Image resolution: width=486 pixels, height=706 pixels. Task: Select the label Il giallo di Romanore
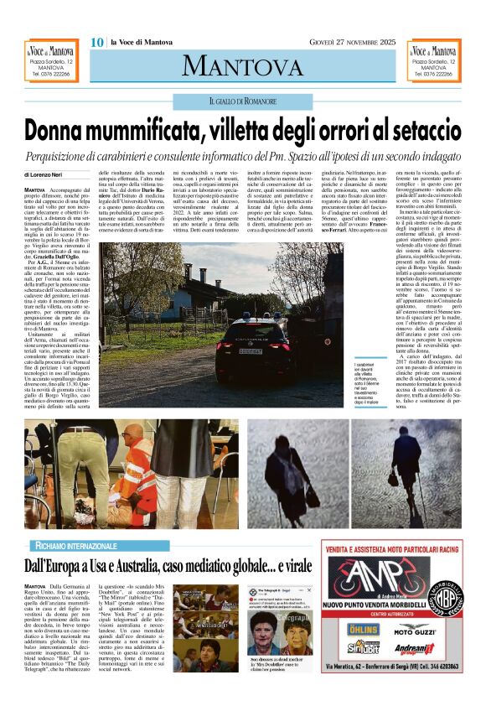click(243, 101)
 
